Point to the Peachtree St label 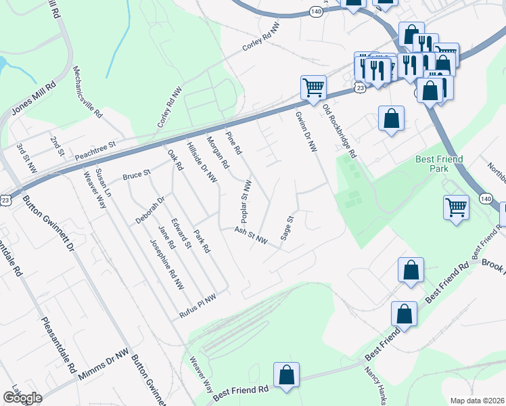coord(96,145)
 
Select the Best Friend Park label coord(439,164)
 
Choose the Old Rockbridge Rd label coord(339,132)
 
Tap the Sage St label coord(287,228)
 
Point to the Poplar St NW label coord(247,201)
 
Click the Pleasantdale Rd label coord(58,344)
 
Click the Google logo coord(22,398)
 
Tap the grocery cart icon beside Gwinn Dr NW coord(314,87)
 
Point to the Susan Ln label coord(103,184)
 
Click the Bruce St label coord(136,176)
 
